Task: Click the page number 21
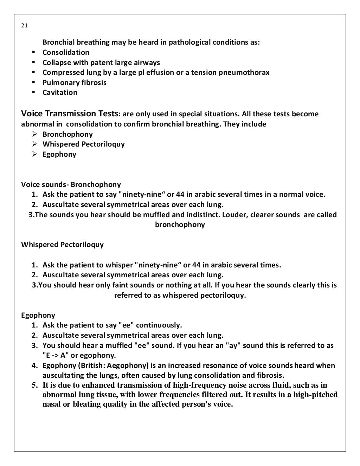pyautogui.click(x=24, y=26)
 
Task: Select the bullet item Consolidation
pyautogui.click(x=66, y=52)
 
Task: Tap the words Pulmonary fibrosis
pyautogui.click(x=74, y=83)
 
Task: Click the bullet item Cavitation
pyautogui.click(x=60, y=92)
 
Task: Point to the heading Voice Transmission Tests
pyautogui.click(x=69, y=114)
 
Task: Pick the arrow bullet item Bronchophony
pyautogui.click(x=67, y=134)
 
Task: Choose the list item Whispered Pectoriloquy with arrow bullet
pyautogui.click(x=83, y=144)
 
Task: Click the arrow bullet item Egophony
pyautogui.click(x=59, y=154)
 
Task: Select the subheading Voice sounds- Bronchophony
pyautogui.click(x=71, y=185)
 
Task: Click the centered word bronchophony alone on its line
pyautogui.click(x=180, y=225)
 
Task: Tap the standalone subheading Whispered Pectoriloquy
pyautogui.click(x=62, y=245)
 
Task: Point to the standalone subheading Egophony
pyautogui.click(x=38, y=315)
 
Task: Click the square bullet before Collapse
pyautogui.click(x=34, y=63)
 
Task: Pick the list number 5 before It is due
pyautogui.click(x=35, y=385)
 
